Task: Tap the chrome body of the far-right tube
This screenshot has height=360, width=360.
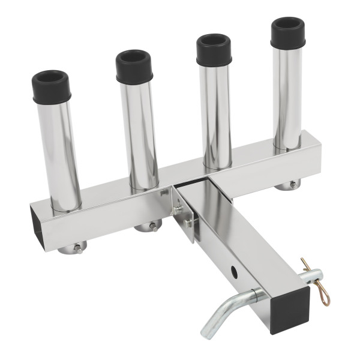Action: point(287,96)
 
